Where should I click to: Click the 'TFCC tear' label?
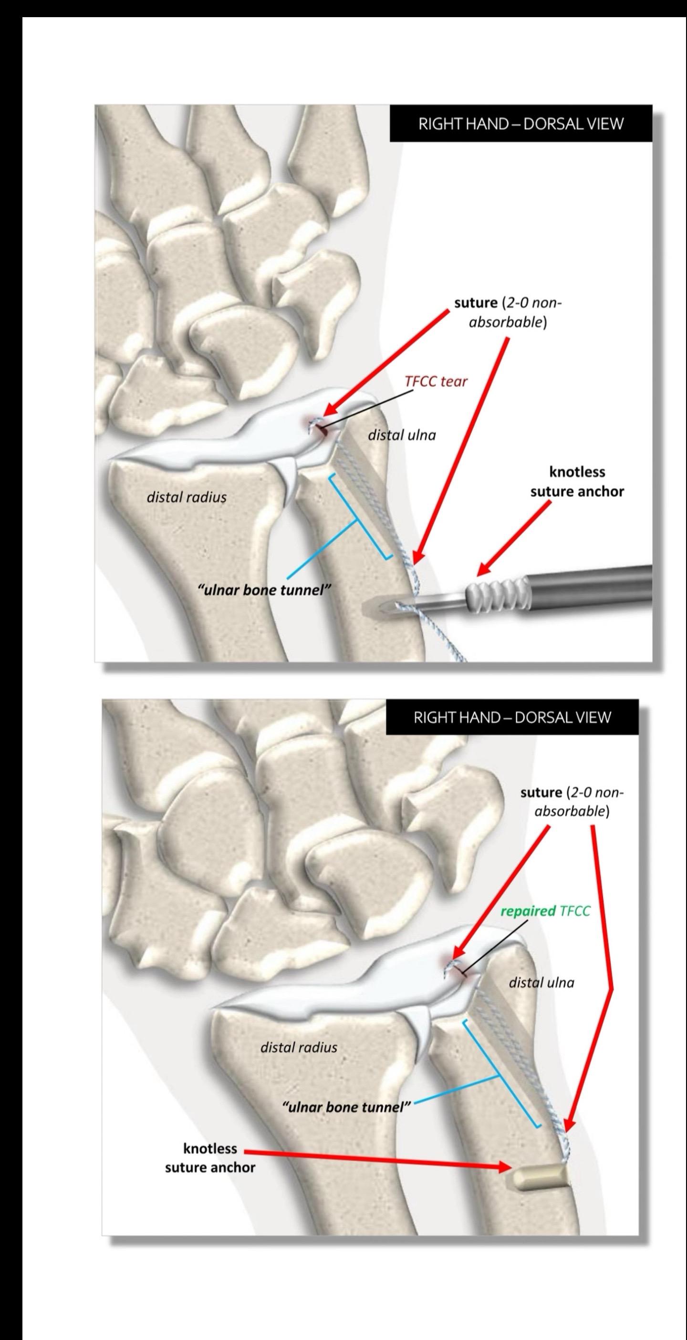pos(436,381)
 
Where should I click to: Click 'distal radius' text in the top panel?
pos(187,497)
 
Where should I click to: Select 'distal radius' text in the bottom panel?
pos(298,1047)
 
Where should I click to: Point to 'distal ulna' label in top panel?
pos(401,435)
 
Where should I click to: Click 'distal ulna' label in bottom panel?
pos(541,983)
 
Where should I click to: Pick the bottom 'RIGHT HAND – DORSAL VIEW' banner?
pos(512,717)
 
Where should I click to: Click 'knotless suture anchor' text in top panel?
pos(577,481)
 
